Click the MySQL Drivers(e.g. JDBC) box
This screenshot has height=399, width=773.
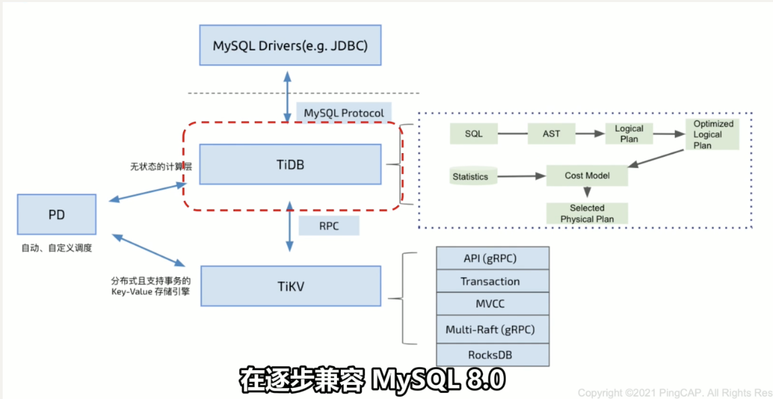coord(291,46)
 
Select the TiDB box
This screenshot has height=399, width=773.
coord(291,163)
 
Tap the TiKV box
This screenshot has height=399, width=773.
coord(291,285)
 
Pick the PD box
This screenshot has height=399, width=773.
coord(56,215)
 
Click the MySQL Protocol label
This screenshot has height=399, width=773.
coord(344,113)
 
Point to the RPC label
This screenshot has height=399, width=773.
coord(329,226)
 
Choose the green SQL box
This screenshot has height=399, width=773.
coord(474,134)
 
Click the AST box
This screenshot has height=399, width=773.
coord(552,134)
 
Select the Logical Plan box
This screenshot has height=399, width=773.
coord(629,133)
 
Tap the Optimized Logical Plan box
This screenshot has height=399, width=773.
coord(713,134)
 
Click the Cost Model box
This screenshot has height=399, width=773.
coord(587,175)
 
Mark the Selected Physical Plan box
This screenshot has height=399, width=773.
coord(587,213)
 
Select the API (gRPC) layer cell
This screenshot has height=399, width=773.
coord(493,259)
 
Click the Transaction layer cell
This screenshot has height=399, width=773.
coord(493,281)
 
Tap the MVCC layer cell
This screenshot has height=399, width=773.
coord(493,304)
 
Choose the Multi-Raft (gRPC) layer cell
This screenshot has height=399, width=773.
coord(493,329)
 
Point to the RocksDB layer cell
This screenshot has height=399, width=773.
coord(493,354)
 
